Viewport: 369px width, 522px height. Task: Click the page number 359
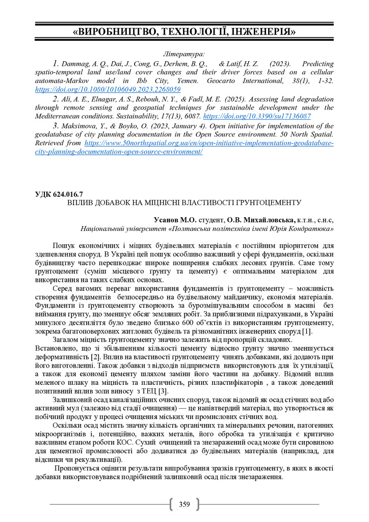tap(184, 505)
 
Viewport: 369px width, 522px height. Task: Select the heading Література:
tap(184, 54)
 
